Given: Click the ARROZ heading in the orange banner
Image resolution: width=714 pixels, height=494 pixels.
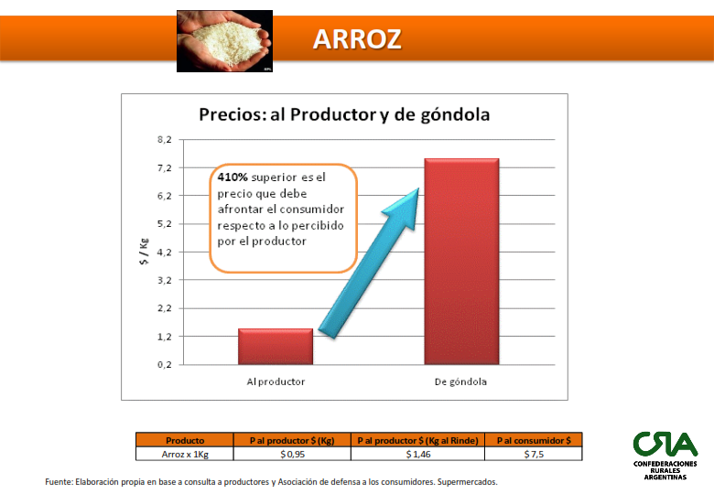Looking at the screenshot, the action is [357, 39].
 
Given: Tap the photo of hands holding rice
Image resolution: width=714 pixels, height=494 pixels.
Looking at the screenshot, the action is [224, 41].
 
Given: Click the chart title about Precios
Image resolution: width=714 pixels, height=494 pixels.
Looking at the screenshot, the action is [344, 114].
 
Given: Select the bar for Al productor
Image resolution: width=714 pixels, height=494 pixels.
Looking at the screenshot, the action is [276, 346].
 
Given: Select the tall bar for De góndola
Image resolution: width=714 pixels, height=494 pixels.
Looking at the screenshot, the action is [461, 261].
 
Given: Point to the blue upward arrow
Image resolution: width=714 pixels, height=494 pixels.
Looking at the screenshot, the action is [369, 263].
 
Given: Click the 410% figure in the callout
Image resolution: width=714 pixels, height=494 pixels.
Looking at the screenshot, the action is [233, 177].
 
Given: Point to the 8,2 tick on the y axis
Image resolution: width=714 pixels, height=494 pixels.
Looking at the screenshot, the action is [165, 140].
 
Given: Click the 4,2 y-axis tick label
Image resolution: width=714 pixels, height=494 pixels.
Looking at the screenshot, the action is [165, 252].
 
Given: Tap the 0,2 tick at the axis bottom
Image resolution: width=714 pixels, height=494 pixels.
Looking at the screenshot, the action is [165, 364].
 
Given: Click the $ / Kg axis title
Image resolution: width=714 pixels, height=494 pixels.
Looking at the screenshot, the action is [144, 252].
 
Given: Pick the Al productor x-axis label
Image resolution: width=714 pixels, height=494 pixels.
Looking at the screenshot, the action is [276, 381].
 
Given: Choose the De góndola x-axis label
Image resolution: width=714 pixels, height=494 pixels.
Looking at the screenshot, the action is [460, 381].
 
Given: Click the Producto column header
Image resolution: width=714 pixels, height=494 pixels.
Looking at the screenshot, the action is [185, 440].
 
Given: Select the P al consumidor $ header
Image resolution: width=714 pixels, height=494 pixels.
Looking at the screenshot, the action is [534, 440].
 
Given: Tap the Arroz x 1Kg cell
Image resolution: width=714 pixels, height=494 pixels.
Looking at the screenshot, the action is [185, 454].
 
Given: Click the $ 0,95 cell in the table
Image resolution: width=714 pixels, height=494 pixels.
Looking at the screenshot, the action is [292, 454].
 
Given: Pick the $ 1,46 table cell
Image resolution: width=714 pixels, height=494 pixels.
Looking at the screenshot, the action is [418, 454].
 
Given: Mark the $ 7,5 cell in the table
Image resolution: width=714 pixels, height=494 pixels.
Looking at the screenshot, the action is [534, 454].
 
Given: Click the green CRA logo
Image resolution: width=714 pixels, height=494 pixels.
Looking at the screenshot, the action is [665, 456].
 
